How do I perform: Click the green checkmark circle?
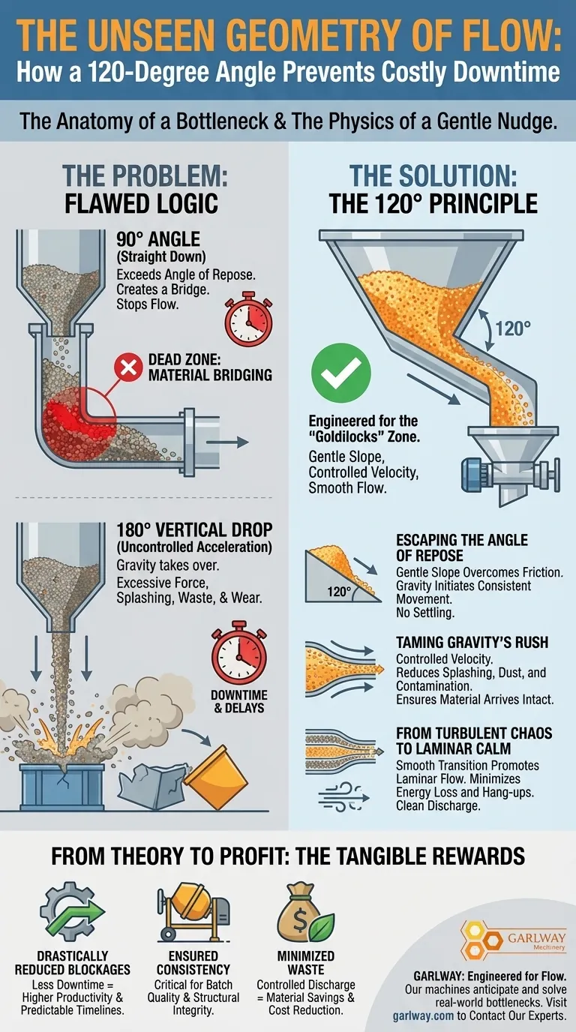pos(341,373)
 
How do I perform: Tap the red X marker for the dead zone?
pos(128,367)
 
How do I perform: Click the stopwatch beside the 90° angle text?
pos(248,319)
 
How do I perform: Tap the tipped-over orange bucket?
pos(216,777)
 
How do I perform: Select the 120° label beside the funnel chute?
pos(513,329)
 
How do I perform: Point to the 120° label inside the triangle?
pos(339,592)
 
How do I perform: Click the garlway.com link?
pos(423,1015)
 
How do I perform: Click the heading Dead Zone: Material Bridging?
pos(210,367)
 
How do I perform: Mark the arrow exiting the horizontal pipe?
pos(227,442)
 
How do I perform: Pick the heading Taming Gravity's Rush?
pos(472,642)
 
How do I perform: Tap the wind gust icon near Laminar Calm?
pos(343,797)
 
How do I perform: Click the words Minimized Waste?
pos(306,962)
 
